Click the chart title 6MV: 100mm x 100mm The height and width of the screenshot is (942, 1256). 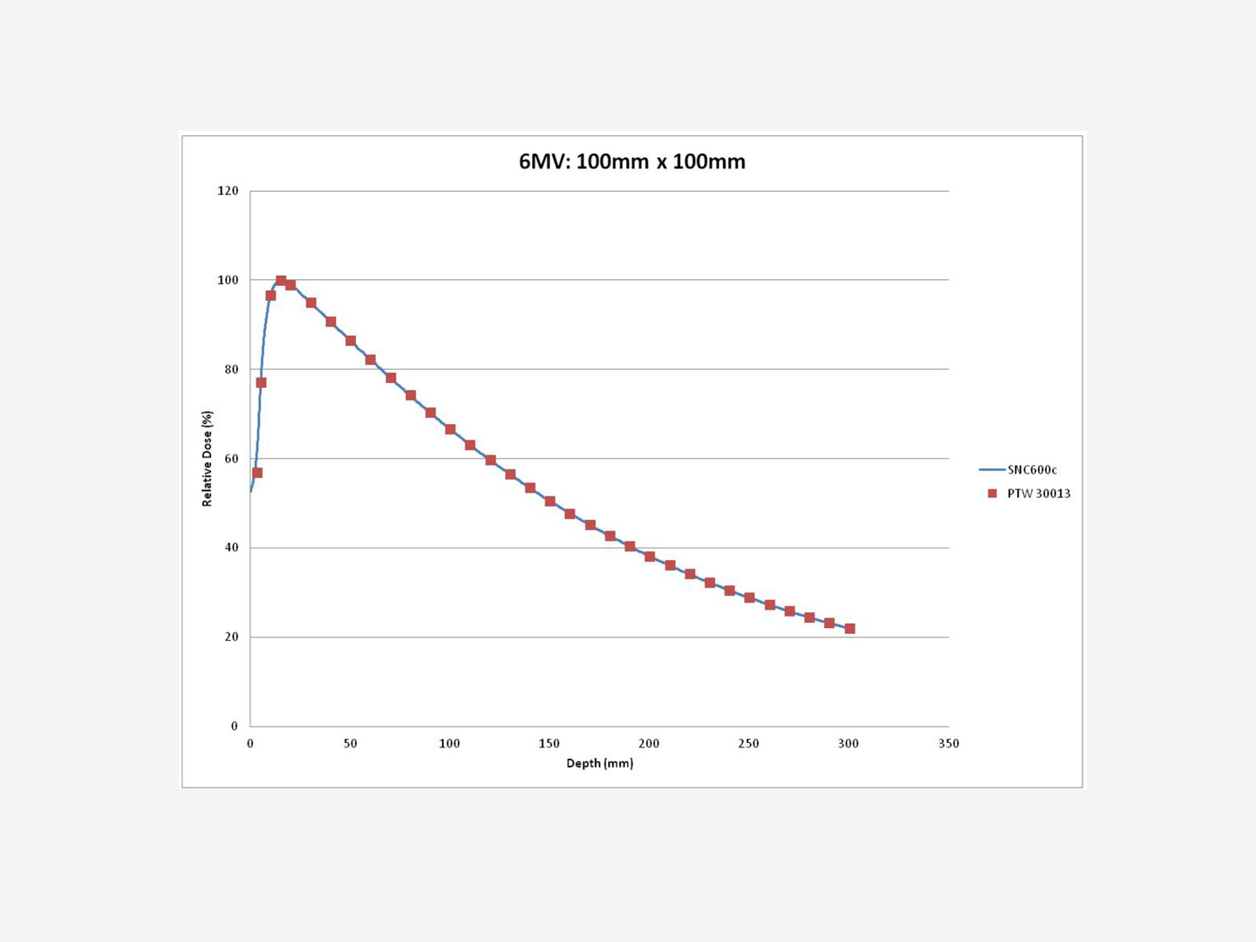631,161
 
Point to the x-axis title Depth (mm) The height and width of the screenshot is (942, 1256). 600,763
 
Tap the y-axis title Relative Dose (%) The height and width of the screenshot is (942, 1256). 207,458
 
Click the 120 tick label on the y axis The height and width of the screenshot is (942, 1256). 228,191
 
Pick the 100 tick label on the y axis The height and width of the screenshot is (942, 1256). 228,280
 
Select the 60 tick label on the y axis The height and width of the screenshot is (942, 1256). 231,459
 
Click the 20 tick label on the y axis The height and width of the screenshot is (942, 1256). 231,637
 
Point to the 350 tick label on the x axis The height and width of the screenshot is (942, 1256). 948,744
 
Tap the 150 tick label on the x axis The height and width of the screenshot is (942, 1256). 549,744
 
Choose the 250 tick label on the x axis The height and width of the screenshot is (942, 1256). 748,744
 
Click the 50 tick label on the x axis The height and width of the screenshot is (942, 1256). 350,744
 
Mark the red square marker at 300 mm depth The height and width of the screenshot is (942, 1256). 850,629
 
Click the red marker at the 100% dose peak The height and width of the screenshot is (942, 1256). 281,281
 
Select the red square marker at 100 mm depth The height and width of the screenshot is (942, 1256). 450,429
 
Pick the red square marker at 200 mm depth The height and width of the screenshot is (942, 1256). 650,556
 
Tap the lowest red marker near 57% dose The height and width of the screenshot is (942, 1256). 257,473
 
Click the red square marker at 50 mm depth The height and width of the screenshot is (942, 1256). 351,341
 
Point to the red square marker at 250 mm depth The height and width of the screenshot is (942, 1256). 749,597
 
